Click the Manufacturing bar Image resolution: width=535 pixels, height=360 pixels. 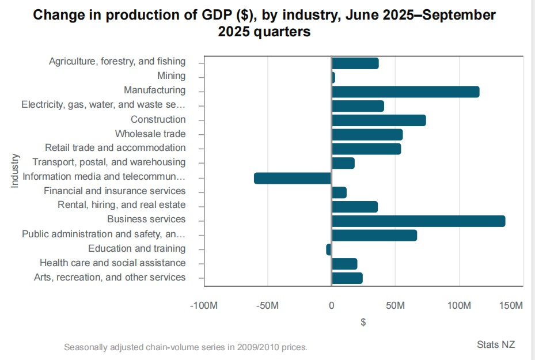click(x=405, y=92)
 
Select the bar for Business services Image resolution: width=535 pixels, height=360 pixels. click(x=419, y=221)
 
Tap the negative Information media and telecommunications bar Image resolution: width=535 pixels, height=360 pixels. click(x=293, y=178)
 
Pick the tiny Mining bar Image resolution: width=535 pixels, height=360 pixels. click(x=333, y=77)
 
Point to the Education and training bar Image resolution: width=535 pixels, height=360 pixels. click(x=329, y=249)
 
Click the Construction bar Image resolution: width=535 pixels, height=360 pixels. click(x=379, y=120)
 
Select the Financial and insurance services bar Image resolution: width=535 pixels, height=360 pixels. click(x=339, y=192)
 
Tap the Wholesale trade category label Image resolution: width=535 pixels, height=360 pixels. click(x=150, y=134)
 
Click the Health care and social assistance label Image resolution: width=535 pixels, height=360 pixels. click(x=112, y=263)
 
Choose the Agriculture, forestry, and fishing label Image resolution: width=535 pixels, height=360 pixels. click(x=117, y=61)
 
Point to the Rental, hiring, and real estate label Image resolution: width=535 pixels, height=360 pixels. click(x=122, y=204)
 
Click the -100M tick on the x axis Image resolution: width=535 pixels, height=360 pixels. click(x=203, y=305)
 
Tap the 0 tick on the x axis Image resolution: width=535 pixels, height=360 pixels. click(x=332, y=305)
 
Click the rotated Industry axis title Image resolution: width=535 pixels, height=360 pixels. click(x=15, y=170)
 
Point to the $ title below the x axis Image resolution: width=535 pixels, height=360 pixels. click(x=363, y=323)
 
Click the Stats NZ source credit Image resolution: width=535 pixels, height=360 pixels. click(x=496, y=344)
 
